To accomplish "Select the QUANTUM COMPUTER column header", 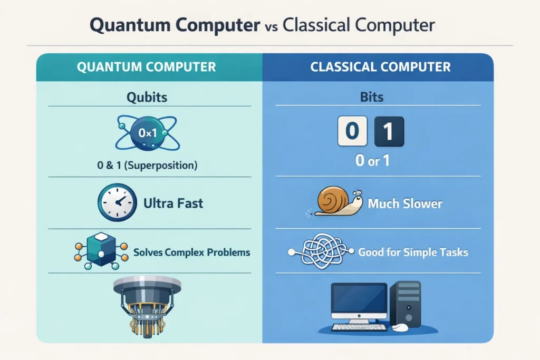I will coord(146,67).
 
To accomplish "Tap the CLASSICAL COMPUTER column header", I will coord(380,67).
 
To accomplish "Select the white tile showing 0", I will coord(352,131).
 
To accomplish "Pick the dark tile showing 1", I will coord(389,131).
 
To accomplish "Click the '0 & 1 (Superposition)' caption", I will coord(147,165).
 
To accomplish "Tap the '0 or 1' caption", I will coord(373,161).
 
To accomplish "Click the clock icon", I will coord(114,202).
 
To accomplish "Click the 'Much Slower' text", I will coord(405,203).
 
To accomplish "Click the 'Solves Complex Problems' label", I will coord(191,252).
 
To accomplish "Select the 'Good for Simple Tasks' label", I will coord(413,252).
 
